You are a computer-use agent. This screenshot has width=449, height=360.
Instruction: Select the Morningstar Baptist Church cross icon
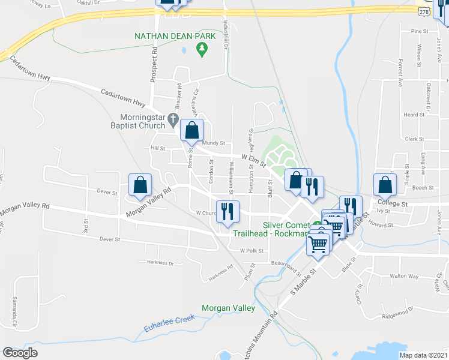pyautogui.click(x=173, y=118)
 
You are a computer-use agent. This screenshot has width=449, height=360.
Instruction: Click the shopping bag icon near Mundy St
pyautogui.click(x=191, y=130)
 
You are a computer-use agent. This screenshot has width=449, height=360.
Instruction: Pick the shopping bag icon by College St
pyautogui.click(x=385, y=185)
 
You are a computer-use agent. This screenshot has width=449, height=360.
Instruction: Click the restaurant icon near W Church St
pyautogui.click(x=228, y=211)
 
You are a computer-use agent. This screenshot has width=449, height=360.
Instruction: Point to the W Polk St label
pyautogui.click(x=252, y=250)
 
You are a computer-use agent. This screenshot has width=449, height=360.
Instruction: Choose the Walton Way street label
pyautogui.click(x=404, y=276)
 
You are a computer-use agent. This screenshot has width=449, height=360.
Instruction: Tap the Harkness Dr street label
pyautogui.click(x=159, y=262)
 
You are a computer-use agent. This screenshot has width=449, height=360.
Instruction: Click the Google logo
pyautogui.click(x=20, y=353)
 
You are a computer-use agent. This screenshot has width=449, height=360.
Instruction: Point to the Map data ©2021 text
pyautogui.click(x=423, y=355)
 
